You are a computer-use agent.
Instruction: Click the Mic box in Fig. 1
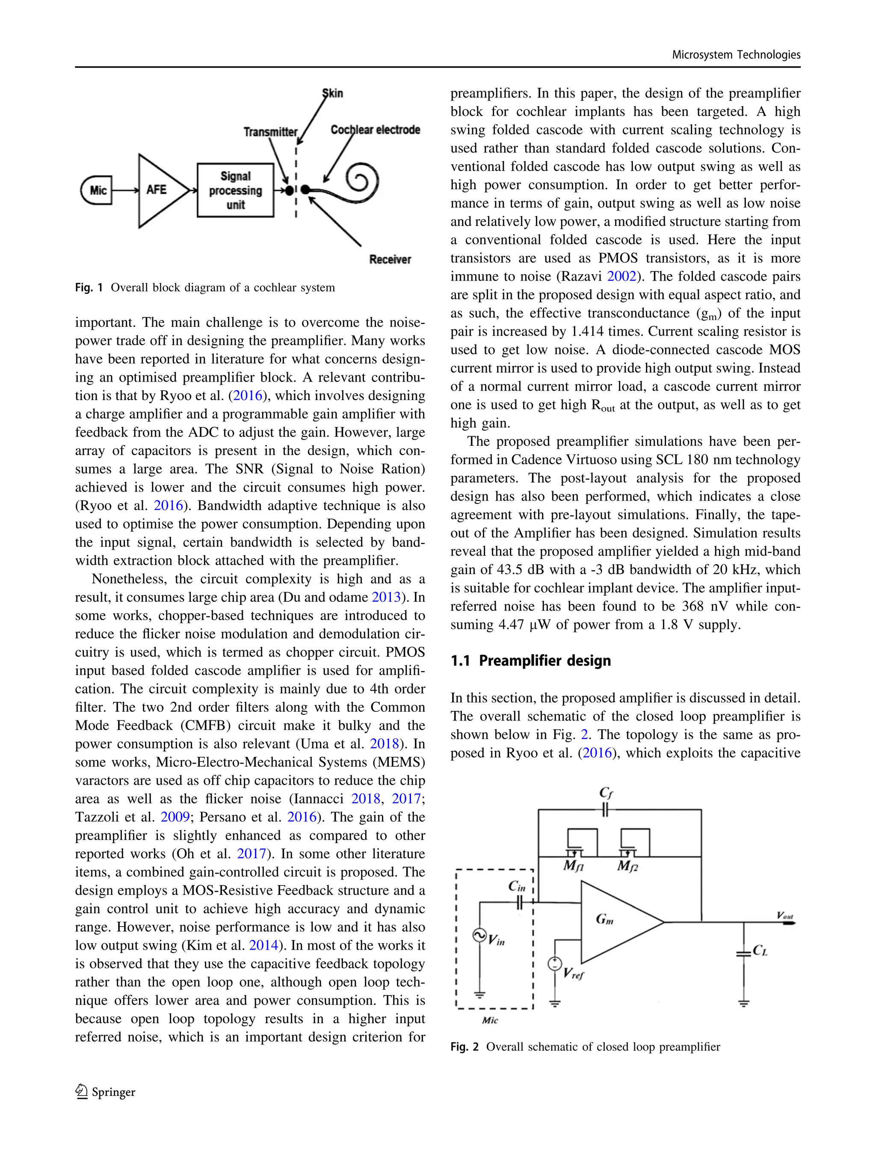[x=97, y=190]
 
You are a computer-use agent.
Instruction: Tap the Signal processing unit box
[x=235, y=190]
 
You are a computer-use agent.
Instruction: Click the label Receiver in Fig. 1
[x=390, y=259]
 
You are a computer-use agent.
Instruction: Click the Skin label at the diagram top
[x=333, y=93]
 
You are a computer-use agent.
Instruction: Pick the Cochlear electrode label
[x=375, y=130]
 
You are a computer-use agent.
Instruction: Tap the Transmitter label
[x=270, y=132]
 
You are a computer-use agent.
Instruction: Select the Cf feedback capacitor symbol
[x=605, y=809]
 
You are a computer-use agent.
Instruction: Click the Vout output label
[x=784, y=915]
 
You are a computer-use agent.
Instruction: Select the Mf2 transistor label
[x=627, y=866]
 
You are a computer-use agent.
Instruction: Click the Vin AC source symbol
[x=479, y=935]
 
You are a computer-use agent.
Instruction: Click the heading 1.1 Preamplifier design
[x=530, y=660]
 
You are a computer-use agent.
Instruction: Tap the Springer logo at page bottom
[x=105, y=1092]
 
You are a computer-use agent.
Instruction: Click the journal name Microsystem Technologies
[x=736, y=55]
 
